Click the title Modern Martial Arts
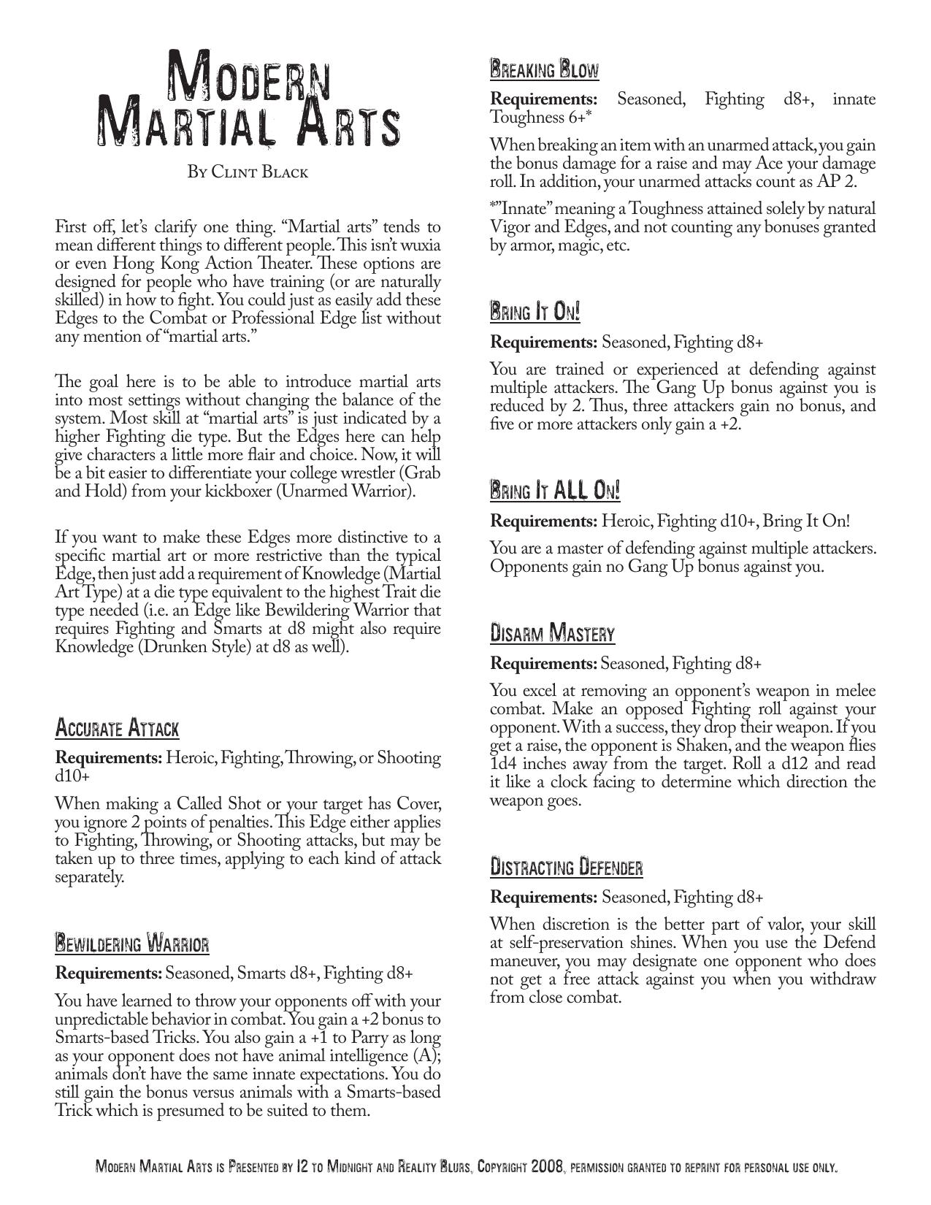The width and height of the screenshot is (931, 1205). (x=248, y=98)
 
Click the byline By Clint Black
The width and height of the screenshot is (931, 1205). (x=248, y=172)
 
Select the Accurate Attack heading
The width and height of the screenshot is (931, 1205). (x=117, y=728)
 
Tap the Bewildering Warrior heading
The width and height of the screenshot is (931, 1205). (x=132, y=943)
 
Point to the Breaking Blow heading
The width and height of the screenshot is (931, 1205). (x=544, y=70)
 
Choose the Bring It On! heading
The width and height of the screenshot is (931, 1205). (x=535, y=313)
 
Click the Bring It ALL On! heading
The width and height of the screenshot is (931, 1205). (x=555, y=491)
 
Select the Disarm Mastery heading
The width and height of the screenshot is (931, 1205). (x=553, y=633)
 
